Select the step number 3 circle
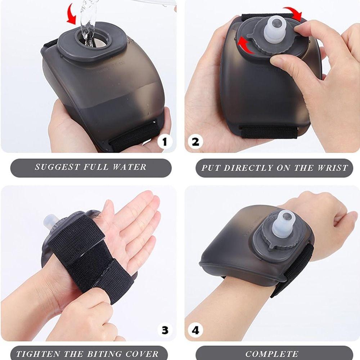[x=165, y=330]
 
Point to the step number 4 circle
[x=195, y=330]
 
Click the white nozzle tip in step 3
[x=49, y=222]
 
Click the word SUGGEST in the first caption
[x=58, y=167]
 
